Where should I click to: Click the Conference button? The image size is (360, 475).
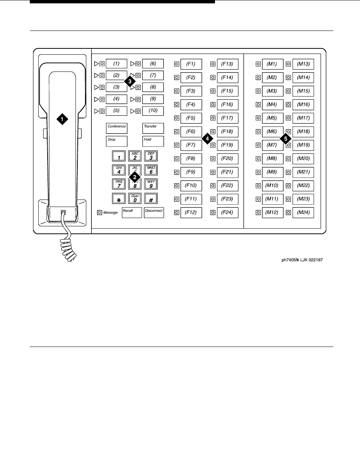(117, 128)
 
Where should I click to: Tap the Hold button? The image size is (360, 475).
(153, 141)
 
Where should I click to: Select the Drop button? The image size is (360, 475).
(117, 141)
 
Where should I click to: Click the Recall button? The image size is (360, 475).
(132, 213)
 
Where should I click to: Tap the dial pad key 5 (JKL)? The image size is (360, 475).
(135, 170)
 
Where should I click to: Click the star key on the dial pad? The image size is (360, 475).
(119, 198)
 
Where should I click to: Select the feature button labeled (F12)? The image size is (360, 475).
(191, 213)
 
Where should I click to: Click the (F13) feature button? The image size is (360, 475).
(227, 64)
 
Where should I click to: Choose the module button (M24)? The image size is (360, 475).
(303, 213)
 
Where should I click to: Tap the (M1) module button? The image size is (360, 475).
(272, 64)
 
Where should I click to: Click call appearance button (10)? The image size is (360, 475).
(153, 111)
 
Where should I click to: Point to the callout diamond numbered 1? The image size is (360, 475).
(62, 119)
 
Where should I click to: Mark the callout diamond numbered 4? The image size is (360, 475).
(207, 138)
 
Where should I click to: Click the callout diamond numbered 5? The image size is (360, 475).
(286, 138)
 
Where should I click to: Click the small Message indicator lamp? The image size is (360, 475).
(99, 213)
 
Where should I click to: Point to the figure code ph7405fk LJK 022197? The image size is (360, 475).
(302, 260)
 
